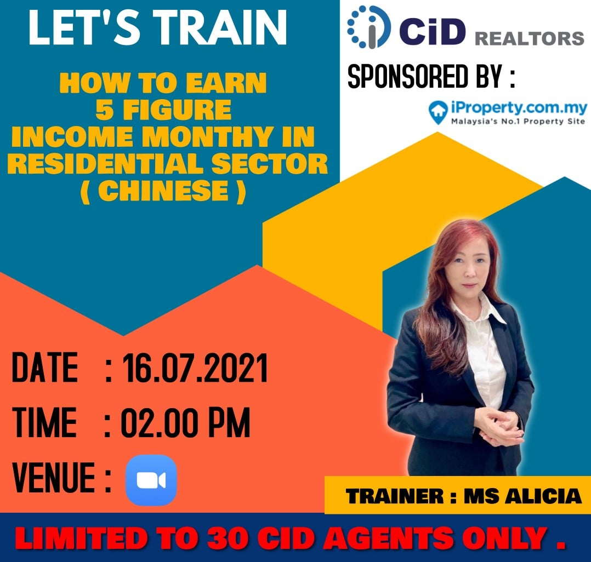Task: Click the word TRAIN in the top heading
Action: click(223, 27)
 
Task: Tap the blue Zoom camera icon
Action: click(151, 480)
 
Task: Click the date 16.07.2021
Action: click(195, 368)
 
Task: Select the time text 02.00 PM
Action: click(185, 422)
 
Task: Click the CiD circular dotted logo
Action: click(366, 27)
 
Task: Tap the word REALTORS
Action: click(529, 39)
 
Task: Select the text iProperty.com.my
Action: click(519, 108)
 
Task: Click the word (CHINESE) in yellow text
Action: click(163, 191)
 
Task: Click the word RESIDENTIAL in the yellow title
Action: click(106, 163)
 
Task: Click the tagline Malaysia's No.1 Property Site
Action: click(518, 121)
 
